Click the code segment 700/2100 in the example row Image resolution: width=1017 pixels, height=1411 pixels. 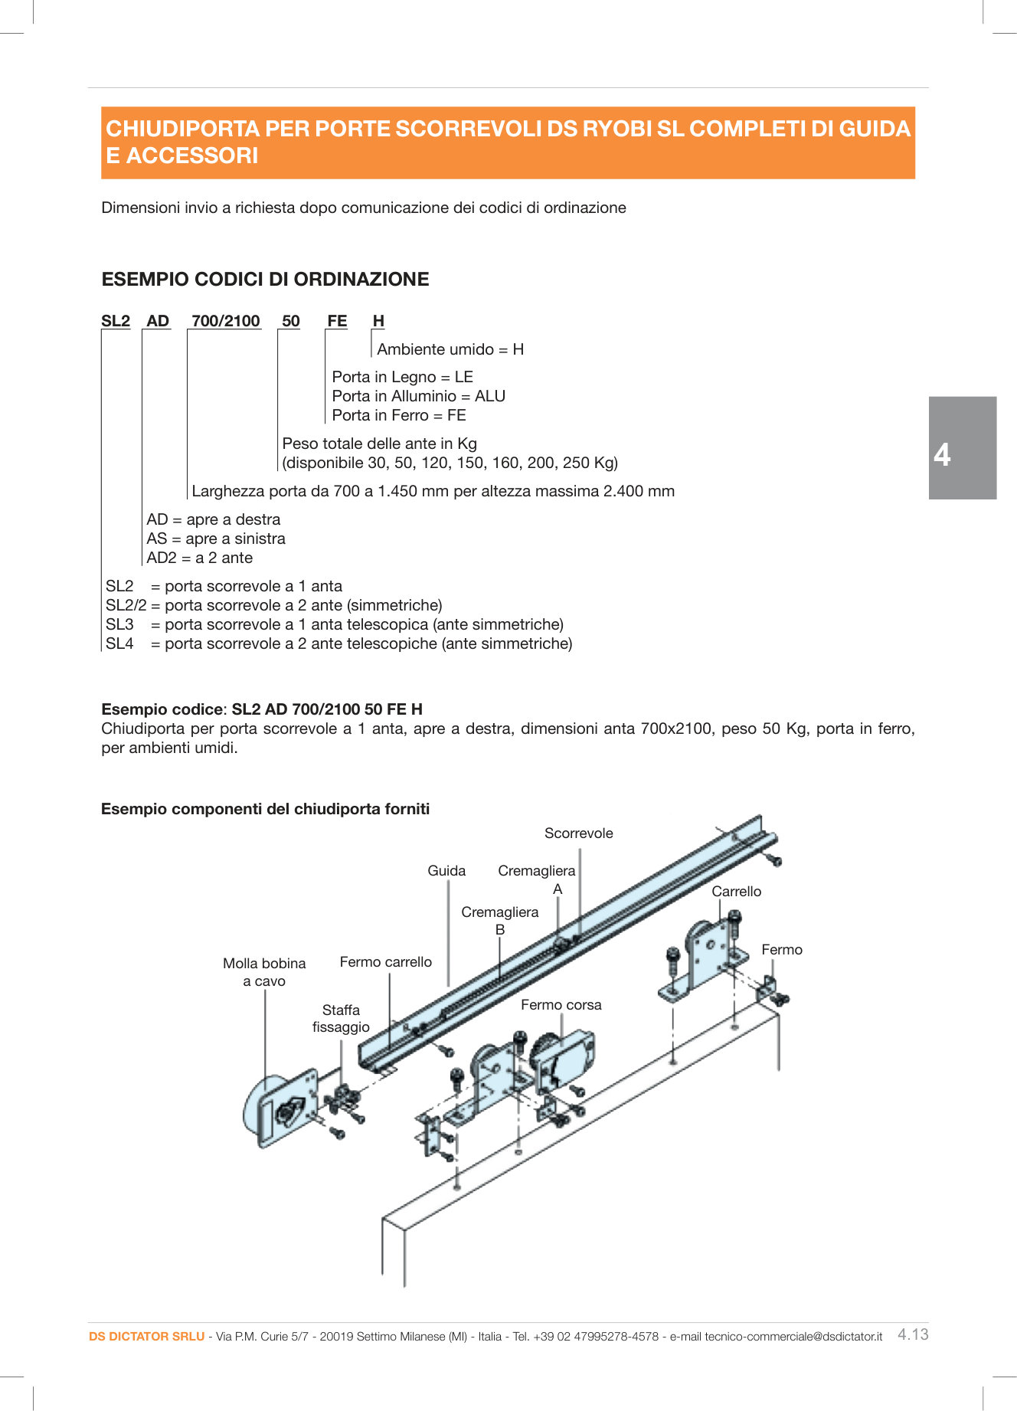(225, 321)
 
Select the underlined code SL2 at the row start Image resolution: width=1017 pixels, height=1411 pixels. (116, 321)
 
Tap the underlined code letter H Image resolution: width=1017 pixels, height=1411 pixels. (378, 321)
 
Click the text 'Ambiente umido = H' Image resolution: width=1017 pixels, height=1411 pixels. (450, 349)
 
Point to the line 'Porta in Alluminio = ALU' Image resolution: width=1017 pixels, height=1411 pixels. (418, 396)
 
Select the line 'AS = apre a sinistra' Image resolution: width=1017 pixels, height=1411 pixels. (216, 539)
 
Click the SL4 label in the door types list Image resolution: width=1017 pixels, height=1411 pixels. (119, 643)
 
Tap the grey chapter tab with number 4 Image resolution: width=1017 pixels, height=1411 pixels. (962, 448)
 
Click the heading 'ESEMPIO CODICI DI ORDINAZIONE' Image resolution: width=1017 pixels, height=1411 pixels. (265, 279)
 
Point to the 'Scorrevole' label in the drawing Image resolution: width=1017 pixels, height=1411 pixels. (578, 833)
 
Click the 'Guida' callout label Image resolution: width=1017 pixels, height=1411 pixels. (446, 871)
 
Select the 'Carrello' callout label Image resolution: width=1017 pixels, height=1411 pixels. (736, 892)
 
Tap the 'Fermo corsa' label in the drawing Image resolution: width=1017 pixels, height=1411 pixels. (561, 1005)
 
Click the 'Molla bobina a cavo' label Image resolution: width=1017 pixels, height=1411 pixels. (264, 972)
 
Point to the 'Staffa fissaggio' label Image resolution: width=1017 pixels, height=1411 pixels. (341, 1019)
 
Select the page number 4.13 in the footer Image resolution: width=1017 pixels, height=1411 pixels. (913, 1334)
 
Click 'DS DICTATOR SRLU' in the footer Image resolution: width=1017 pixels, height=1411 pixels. (146, 1337)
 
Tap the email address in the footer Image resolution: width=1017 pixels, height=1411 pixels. (793, 1337)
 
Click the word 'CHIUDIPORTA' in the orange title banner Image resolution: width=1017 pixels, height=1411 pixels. (183, 129)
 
